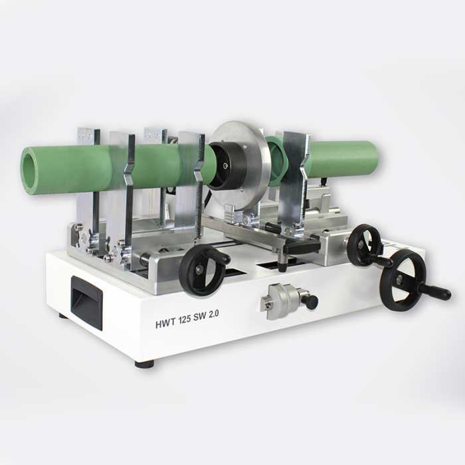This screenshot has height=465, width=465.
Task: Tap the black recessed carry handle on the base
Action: click(86, 302)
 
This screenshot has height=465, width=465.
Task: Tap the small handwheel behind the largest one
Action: click(365, 244)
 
